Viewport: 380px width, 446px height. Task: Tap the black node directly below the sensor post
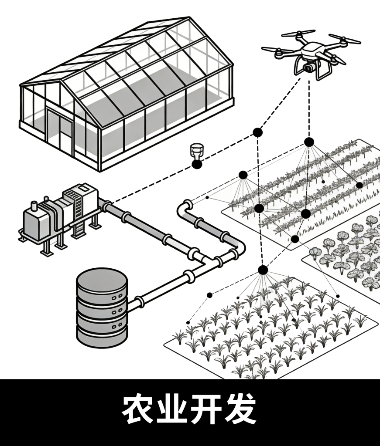[x=197, y=164]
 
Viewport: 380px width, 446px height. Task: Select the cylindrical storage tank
[x=102, y=307]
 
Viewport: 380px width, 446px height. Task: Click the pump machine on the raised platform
[x=61, y=213]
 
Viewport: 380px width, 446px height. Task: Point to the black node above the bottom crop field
[x=263, y=270]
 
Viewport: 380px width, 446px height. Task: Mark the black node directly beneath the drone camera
[x=309, y=142]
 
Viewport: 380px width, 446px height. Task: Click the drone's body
[x=312, y=50]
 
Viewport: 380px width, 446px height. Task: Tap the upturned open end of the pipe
[x=187, y=204]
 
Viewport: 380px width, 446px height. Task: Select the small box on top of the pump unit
[x=84, y=188]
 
